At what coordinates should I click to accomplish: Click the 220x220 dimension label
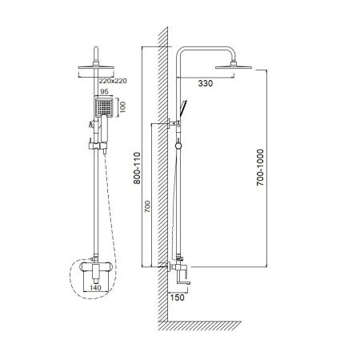click(x=113, y=81)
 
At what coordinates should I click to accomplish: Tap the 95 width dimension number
click(x=104, y=92)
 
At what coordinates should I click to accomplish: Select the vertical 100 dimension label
click(x=122, y=107)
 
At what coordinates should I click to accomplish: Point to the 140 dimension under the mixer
click(x=95, y=288)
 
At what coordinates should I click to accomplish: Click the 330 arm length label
click(x=206, y=83)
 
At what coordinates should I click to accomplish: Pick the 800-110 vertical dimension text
click(x=137, y=168)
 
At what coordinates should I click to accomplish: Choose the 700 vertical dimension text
click(x=147, y=206)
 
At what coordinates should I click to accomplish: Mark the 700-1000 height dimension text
click(x=260, y=167)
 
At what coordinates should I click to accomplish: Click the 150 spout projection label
click(x=177, y=298)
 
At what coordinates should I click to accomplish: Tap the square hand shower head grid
click(x=104, y=106)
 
